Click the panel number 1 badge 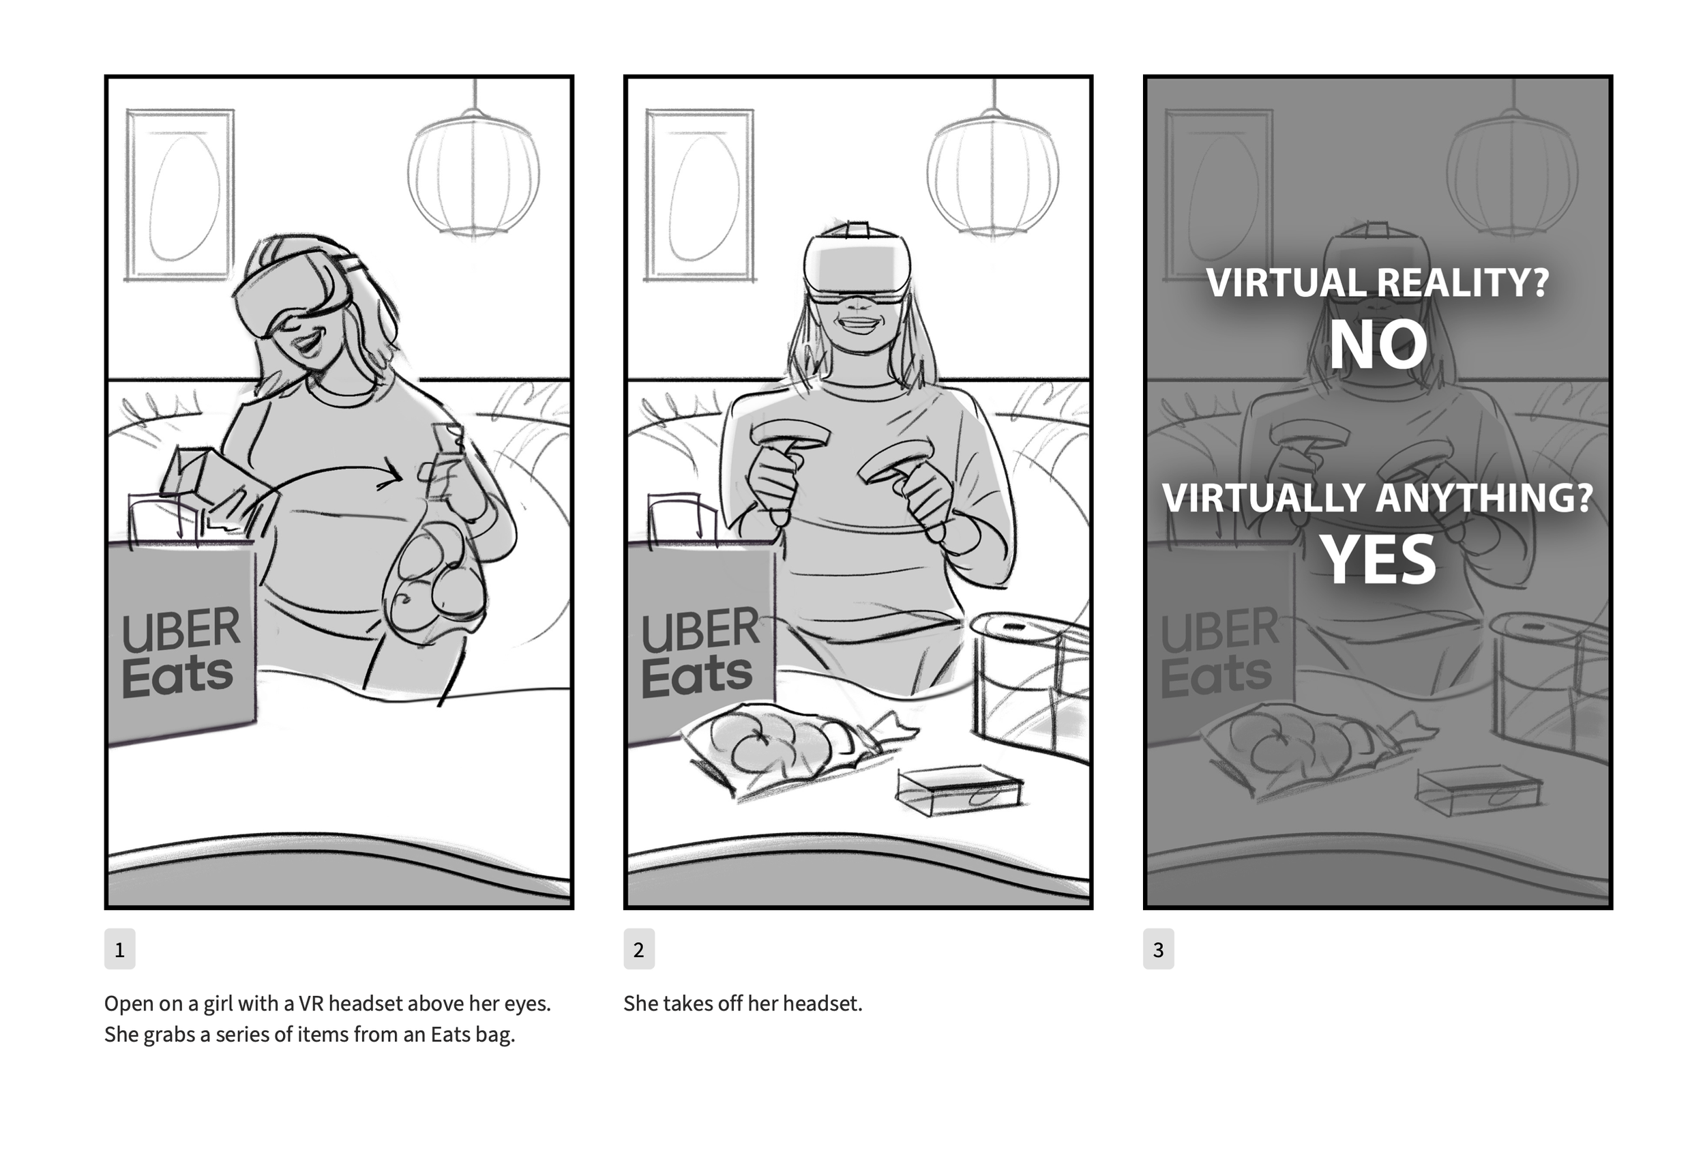pyautogui.click(x=119, y=949)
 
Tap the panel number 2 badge pyautogui.click(x=638, y=949)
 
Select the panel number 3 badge pyautogui.click(x=1158, y=949)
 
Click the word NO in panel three pyautogui.click(x=1378, y=345)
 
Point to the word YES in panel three pyautogui.click(x=1378, y=559)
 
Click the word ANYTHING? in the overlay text pyautogui.click(x=1484, y=498)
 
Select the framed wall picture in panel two pyautogui.click(x=700, y=195)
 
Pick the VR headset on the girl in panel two pyautogui.click(x=857, y=265)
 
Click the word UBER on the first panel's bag pyautogui.click(x=181, y=630)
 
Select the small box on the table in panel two pyautogui.click(x=959, y=791)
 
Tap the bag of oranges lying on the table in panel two pyautogui.click(x=797, y=749)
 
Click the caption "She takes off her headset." pyautogui.click(x=743, y=1003)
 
